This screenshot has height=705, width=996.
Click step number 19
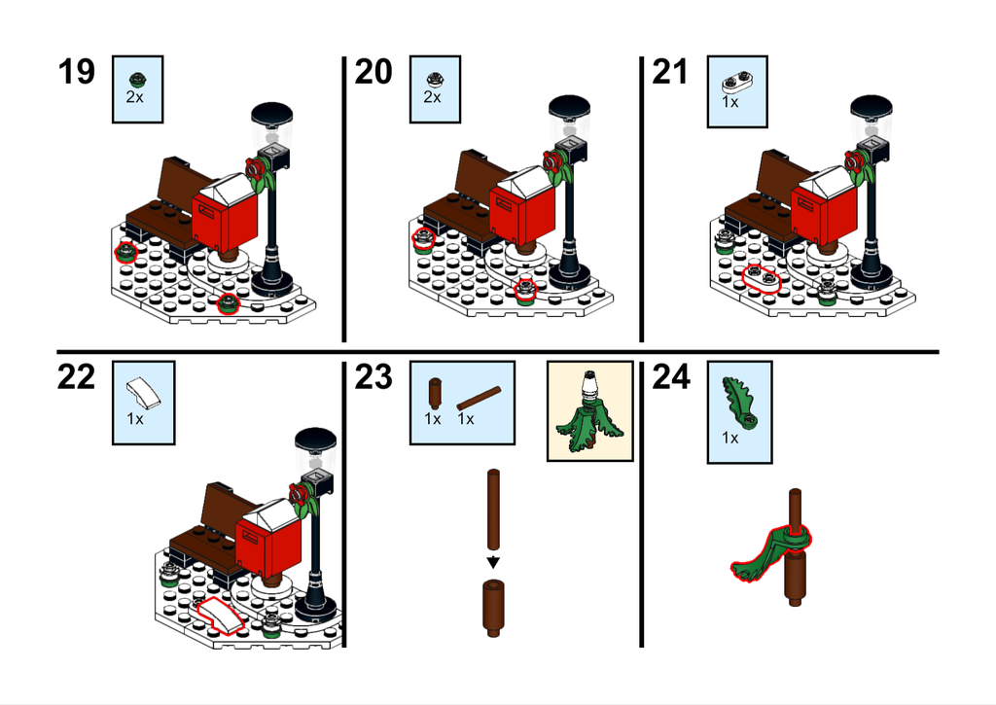click(x=76, y=71)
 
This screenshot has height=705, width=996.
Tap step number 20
click(x=373, y=71)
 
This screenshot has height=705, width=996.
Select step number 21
click(x=670, y=71)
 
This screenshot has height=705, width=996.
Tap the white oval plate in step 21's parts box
click(x=737, y=82)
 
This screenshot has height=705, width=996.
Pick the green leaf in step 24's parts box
click(x=739, y=403)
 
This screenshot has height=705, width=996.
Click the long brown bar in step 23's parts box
click(x=479, y=399)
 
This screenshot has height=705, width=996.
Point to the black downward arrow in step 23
click(x=493, y=563)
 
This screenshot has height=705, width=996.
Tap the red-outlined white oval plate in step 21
click(x=761, y=278)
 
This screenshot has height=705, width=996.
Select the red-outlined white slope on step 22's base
click(x=220, y=615)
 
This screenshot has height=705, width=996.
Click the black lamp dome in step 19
click(x=272, y=115)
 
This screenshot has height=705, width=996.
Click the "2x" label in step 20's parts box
click(x=432, y=96)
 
